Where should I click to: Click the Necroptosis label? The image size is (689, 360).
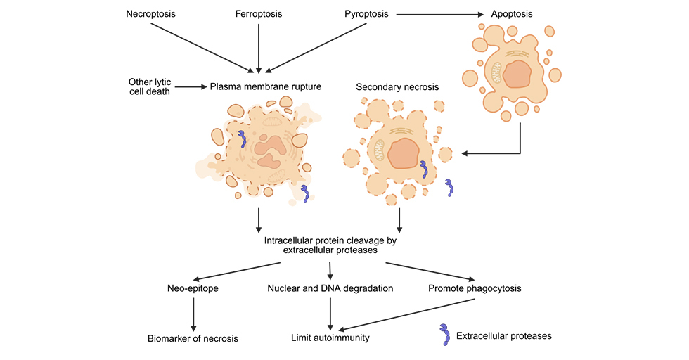point(150,14)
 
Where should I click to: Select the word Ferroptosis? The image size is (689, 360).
point(259,14)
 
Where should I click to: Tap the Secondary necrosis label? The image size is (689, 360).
point(397,87)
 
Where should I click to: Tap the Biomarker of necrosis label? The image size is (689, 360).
point(193,338)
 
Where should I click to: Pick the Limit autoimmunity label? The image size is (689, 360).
point(330,338)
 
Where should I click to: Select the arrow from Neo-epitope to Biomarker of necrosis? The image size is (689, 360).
point(193,313)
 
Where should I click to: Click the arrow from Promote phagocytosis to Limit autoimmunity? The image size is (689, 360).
point(408,314)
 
